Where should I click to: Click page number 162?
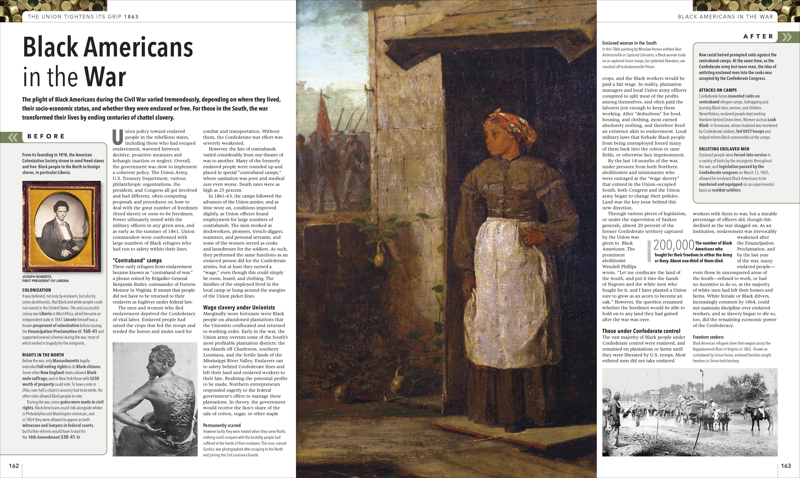14,466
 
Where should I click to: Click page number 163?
786,466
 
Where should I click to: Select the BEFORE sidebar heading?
46,136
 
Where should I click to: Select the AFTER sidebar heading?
758,36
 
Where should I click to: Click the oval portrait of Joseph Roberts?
61,225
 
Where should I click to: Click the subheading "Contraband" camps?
137,260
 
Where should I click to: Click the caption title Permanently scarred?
222,426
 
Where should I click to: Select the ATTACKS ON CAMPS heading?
718,90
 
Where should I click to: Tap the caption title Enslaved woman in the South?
629,43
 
